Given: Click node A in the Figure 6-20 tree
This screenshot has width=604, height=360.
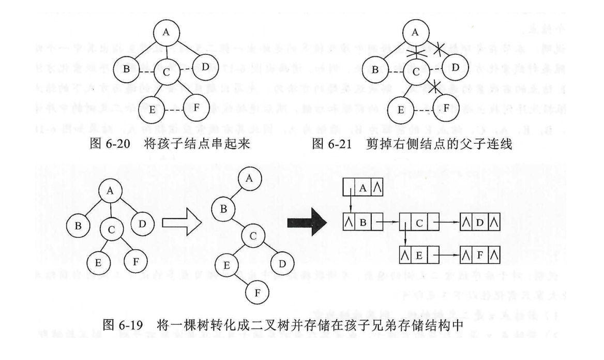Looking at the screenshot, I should [x=166, y=32].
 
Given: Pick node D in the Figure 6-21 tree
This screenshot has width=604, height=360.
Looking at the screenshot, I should [x=454, y=67].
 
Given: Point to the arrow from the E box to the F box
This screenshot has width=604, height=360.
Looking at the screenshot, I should [x=448, y=256].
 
